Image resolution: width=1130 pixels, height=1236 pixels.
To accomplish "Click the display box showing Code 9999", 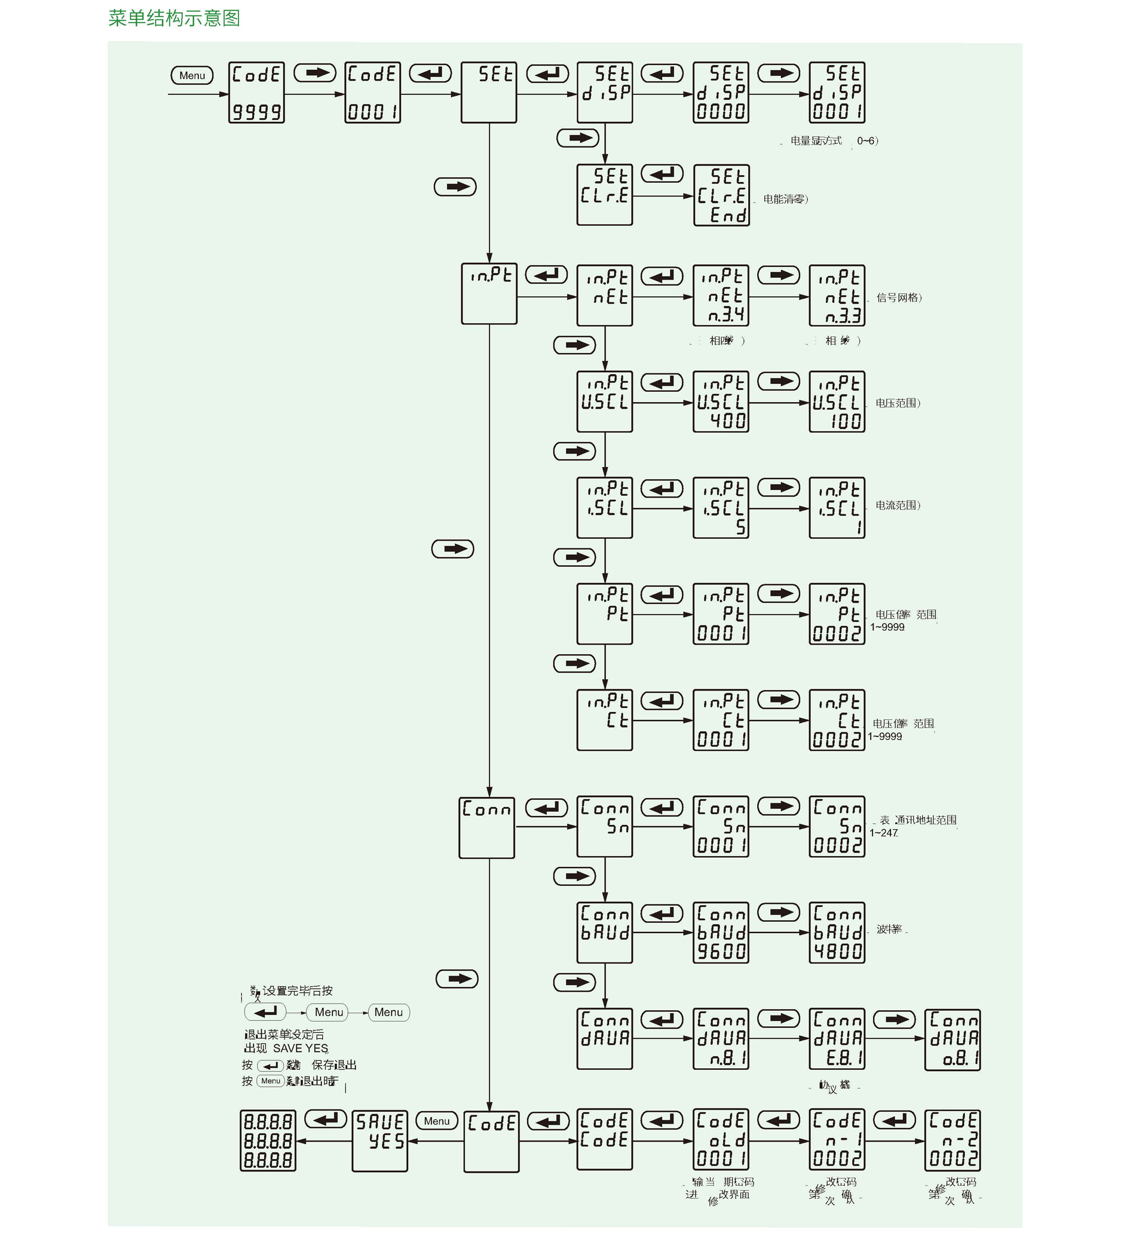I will (x=256, y=93).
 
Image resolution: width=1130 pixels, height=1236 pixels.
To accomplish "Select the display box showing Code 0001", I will (x=372, y=93).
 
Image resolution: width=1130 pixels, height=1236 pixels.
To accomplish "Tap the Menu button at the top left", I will (x=192, y=75).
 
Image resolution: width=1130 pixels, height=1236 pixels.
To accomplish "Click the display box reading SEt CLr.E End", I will (x=721, y=195).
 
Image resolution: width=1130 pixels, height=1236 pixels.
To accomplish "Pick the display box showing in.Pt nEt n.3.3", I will (x=837, y=296).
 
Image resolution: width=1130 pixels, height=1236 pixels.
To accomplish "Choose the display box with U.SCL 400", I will (x=721, y=401).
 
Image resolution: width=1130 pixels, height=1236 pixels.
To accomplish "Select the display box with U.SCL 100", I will (x=837, y=401).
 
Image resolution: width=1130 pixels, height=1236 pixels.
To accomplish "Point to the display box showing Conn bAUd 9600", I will (x=721, y=933).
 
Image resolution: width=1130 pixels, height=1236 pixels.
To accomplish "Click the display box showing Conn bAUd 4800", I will (x=837, y=933).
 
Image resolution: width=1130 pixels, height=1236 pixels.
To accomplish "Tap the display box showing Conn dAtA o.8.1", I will (x=952, y=1040).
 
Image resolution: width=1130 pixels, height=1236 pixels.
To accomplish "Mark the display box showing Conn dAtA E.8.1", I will (x=837, y=1039).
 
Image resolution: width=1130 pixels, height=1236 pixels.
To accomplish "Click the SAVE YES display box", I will (x=379, y=1141).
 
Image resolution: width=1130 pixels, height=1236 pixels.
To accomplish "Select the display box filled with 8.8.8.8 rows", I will (x=268, y=1140).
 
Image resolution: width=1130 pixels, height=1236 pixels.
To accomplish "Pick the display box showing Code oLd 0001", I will (x=721, y=1139).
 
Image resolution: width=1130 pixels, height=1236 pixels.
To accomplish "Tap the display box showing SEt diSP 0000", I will (x=721, y=93).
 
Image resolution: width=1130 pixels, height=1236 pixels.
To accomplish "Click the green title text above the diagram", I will (x=174, y=19).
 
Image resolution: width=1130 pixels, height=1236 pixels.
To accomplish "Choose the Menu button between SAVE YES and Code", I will (x=437, y=1121).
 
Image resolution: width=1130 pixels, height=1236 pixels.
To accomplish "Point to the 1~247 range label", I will (x=884, y=833).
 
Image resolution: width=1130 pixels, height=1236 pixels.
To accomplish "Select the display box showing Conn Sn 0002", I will (x=837, y=826).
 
